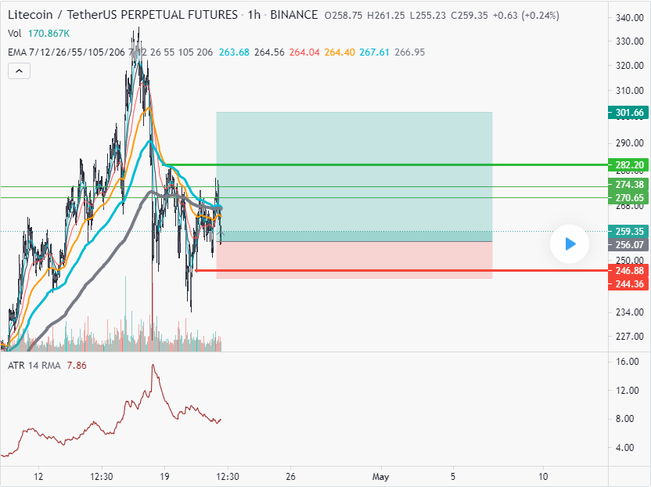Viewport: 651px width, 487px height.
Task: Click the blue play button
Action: (570, 244)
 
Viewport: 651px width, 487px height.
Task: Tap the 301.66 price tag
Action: (629, 113)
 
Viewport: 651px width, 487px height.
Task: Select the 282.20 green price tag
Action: (629, 165)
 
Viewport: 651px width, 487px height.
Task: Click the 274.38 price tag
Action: (629, 185)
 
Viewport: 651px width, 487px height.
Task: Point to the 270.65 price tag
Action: (629, 198)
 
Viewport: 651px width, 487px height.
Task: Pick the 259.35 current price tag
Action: (629, 232)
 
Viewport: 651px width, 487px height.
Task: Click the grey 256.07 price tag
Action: (629, 244)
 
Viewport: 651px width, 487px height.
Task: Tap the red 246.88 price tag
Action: (629, 271)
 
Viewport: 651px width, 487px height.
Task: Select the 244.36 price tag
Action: (629, 283)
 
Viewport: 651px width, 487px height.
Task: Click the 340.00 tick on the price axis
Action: (629, 18)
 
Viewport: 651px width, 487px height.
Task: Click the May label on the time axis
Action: (381, 476)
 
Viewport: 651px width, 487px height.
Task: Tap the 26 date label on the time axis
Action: (290, 476)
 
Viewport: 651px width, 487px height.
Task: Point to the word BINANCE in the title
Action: (294, 15)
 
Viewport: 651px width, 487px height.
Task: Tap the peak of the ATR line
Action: (153, 365)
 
